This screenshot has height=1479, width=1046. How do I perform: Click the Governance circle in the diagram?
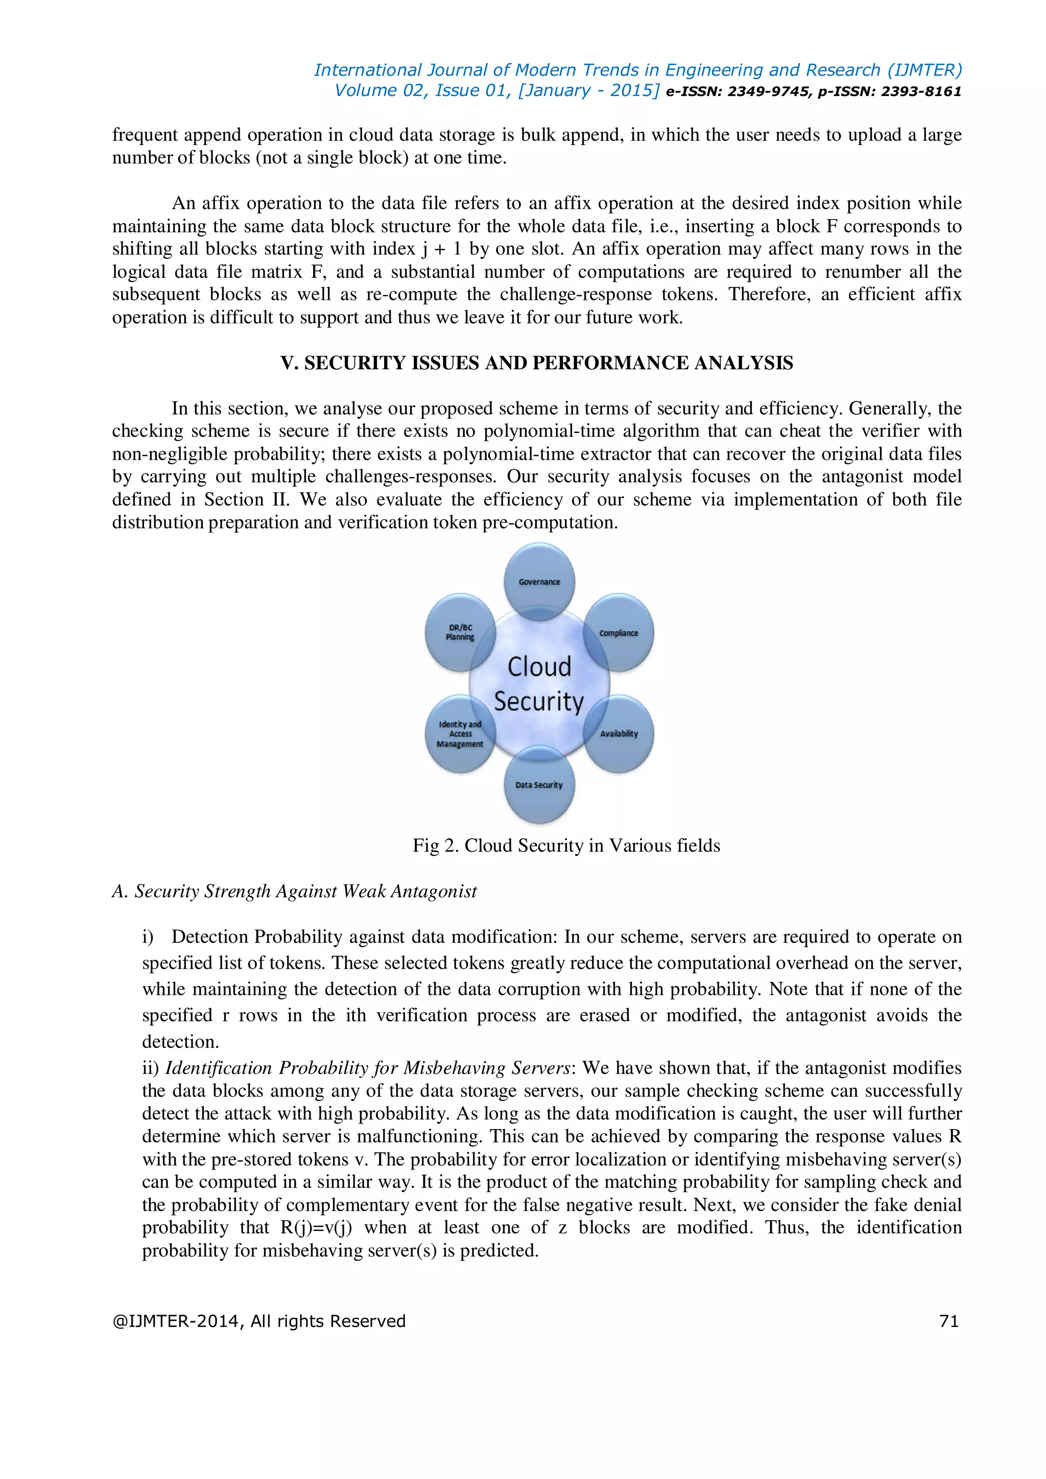(539, 581)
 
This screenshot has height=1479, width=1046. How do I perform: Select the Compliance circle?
(619, 633)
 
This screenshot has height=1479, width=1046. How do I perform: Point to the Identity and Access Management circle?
(460, 734)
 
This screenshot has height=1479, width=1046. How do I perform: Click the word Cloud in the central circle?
(539, 666)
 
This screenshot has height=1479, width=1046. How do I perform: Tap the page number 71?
(949, 1321)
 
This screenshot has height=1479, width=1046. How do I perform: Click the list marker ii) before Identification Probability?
(151, 1068)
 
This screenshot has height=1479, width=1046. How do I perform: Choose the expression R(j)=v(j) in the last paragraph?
(316, 1227)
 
